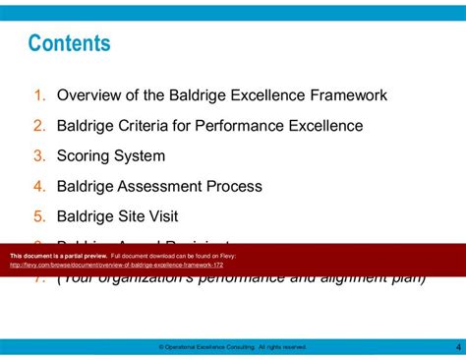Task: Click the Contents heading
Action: [x=69, y=44]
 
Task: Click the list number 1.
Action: [x=39, y=95]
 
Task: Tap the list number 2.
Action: [x=39, y=126]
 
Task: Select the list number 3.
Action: [x=39, y=155]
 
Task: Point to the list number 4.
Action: [x=39, y=186]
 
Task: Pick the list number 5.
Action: [x=39, y=216]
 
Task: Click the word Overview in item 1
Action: [x=91, y=95]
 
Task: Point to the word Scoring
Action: [x=87, y=155]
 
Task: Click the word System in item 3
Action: [x=142, y=155]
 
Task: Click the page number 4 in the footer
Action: [x=458, y=346]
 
